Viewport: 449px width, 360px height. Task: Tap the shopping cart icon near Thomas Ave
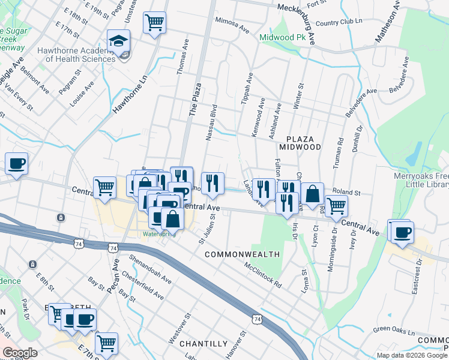(155, 23)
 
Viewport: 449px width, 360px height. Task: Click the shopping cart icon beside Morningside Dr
(337, 206)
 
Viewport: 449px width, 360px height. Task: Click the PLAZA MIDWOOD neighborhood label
(300, 142)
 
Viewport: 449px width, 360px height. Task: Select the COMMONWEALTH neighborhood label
(243, 254)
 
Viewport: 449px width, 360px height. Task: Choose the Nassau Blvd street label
(211, 124)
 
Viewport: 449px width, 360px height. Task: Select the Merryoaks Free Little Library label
(420, 181)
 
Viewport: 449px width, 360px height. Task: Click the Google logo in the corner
(20, 352)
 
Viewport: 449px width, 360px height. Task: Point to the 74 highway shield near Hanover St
(257, 321)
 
